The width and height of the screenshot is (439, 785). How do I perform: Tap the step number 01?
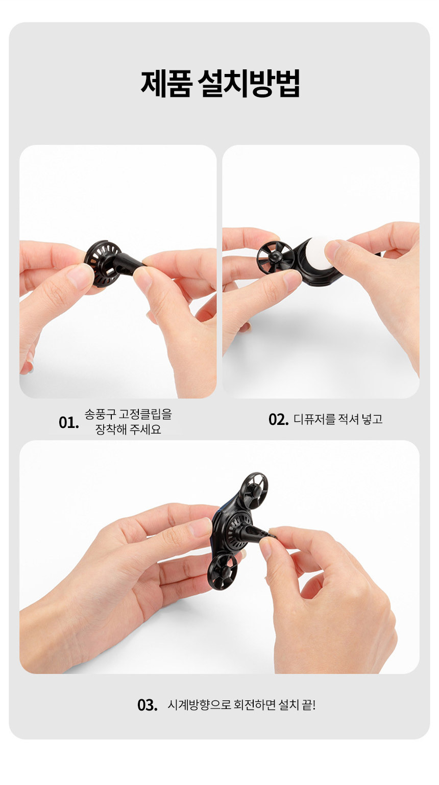(69, 423)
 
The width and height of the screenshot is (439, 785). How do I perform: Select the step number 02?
(278, 419)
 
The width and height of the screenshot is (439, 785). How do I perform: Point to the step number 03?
(147, 705)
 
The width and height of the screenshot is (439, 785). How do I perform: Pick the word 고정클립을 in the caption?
(145, 414)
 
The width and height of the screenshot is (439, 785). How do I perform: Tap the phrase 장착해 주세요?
(128, 429)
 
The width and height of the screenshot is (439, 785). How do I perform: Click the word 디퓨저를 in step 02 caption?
(314, 419)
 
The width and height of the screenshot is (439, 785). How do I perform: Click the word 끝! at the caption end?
(308, 705)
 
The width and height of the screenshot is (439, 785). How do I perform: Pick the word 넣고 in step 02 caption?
(372, 419)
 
